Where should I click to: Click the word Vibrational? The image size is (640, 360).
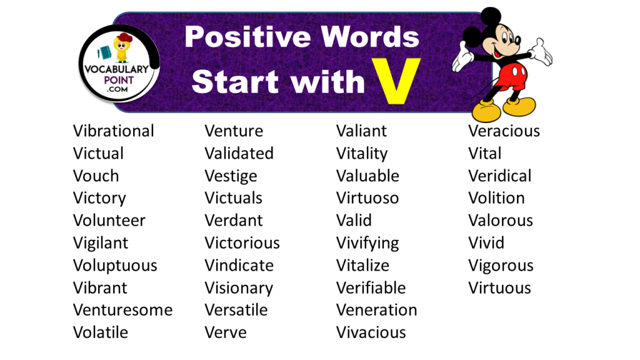point(113,131)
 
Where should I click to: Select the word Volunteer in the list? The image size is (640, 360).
point(109,221)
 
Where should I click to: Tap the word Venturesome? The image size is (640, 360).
point(122,310)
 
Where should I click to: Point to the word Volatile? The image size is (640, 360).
point(100,332)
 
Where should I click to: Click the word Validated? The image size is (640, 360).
point(239,154)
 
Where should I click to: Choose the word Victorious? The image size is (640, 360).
point(242,243)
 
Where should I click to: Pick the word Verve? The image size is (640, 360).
point(225,332)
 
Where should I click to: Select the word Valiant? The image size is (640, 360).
point(361,131)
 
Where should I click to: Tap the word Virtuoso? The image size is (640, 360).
point(367,198)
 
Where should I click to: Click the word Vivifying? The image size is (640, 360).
point(367,243)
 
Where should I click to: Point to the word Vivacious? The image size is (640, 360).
point(371,332)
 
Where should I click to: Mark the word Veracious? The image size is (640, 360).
point(504,131)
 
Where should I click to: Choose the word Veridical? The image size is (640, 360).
point(499,176)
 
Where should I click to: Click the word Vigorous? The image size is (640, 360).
point(501,266)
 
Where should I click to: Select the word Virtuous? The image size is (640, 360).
point(499,288)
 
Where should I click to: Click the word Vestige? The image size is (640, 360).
point(231,176)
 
